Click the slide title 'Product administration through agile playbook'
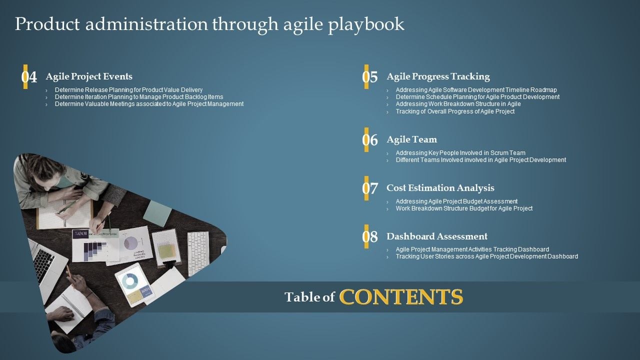coord(209,24)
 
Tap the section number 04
coord(29,77)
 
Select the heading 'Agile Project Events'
coord(89,76)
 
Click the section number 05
coord(370,77)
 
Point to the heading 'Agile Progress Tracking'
coord(438,76)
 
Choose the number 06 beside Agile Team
coord(370,140)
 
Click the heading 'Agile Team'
coord(411,139)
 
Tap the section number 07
coord(370,188)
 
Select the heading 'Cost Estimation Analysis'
coord(440,188)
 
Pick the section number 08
coord(370,237)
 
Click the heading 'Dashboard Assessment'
coord(437,236)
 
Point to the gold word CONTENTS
coord(401,297)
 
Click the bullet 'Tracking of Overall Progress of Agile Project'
coord(455,111)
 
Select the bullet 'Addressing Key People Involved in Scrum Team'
coord(460,153)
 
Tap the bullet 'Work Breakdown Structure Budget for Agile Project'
coord(464,208)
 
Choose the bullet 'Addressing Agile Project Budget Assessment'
coord(456,201)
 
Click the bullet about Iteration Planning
coord(139,97)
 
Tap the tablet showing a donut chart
coord(133,284)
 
